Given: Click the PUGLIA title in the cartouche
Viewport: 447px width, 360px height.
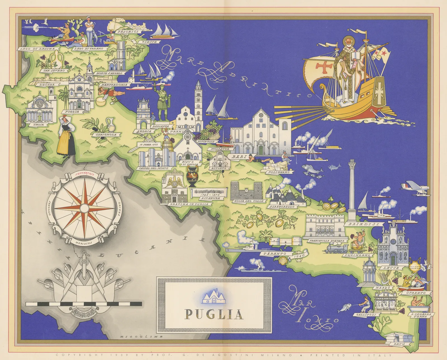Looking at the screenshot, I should (214, 314).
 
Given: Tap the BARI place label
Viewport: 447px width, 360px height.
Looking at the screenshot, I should (239, 157).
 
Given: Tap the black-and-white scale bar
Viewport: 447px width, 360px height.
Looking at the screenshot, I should (84, 304).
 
